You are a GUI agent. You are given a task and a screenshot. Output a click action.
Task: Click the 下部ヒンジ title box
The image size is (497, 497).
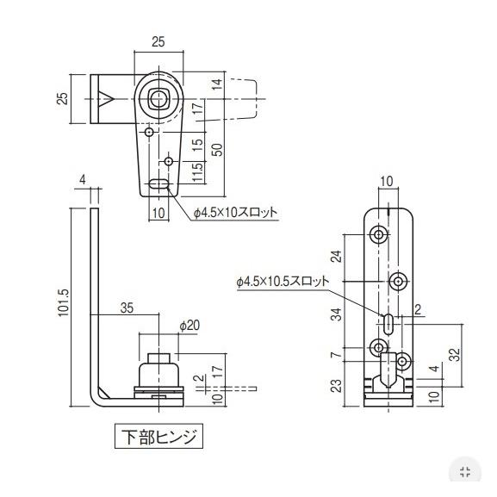(158, 436)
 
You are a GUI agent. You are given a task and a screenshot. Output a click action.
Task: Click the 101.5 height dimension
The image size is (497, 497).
(64, 302)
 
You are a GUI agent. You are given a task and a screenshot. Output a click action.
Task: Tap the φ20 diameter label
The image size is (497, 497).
(189, 326)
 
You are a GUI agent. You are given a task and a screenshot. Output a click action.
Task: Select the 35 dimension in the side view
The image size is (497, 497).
(127, 308)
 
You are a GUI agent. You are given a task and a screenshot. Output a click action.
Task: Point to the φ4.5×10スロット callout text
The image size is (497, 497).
(235, 212)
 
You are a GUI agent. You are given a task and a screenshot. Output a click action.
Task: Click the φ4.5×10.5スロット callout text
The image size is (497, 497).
(283, 281)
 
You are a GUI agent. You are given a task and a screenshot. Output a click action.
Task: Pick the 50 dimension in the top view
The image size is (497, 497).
(218, 150)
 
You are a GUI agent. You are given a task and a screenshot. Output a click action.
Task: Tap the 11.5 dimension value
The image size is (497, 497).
(197, 173)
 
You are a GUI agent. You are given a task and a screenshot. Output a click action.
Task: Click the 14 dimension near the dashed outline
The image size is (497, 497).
(217, 84)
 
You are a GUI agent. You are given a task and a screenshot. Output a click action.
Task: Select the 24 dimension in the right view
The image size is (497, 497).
(337, 257)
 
